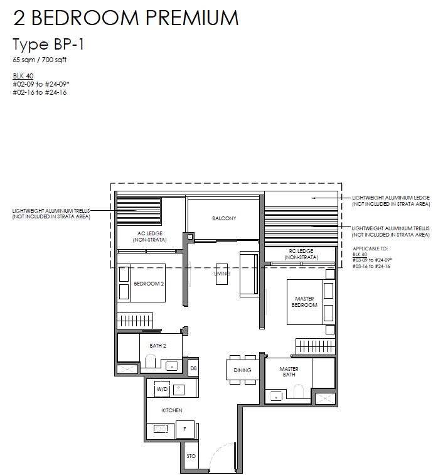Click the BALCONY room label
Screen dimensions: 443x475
pyautogui.click(x=224, y=218)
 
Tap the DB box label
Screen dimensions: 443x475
pyautogui.click(x=193, y=368)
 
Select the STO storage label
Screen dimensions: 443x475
pyautogui.click(x=191, y=456)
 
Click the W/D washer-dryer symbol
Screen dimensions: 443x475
pyautogui.click(x=162, y=389)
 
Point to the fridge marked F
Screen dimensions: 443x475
pyautogui.click(x=184, y=429)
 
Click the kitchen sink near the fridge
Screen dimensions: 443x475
pyautogui.click(x=160, y=429)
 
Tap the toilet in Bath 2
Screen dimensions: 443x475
pyautogui.click(x=151, y=361)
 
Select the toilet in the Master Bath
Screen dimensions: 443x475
pyautogui.click(x=299, y=392)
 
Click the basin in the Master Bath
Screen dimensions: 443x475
pyautogui.click(x=275, y=396)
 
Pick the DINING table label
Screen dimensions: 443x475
pyautogui.click(x=242, y=370)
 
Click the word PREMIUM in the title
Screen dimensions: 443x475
pyautogui.click(x=192, y=18)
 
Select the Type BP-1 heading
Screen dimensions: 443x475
pyautogui.click(x=48, y=44)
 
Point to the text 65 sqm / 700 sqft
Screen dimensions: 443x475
pyautogui.click(x=40, y=60)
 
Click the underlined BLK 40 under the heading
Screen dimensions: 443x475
pyautogui.click(x=23, y=76)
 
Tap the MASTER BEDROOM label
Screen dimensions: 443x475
pyautogui.click(x=304, y=302)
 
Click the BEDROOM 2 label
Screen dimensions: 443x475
pyautogui.click(x=149, y=284)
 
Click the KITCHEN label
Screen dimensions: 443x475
pyautogui.click(x=172, y=410)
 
